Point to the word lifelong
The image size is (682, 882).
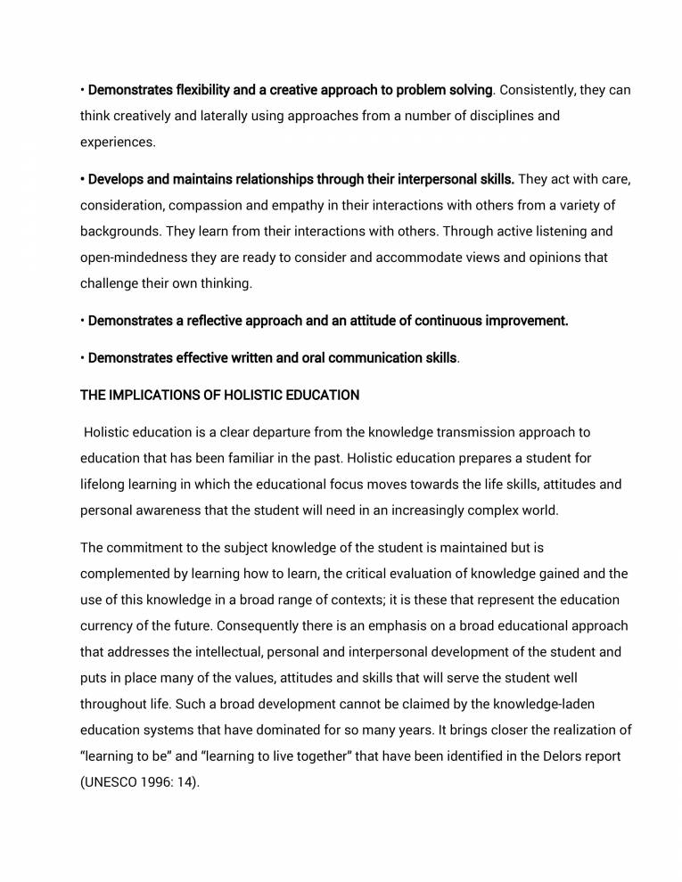point(104,485)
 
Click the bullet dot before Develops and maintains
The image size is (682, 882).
point(82,180)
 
